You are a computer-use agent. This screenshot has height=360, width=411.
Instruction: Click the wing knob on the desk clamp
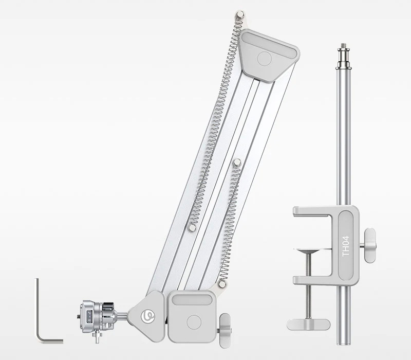tap(368, 245)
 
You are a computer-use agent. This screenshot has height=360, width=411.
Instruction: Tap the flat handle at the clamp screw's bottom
tap(308, 324)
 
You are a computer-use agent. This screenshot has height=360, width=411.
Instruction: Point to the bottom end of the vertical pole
tap(343, 339)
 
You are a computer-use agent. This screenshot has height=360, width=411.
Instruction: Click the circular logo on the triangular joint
tap(148, 314)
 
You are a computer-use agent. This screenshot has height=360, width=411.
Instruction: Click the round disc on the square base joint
tap(193, 322)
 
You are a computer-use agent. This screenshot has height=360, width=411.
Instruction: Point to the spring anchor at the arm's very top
tap(239, 15)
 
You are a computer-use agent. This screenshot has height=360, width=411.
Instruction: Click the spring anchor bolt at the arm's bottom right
tap(222, 283)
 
